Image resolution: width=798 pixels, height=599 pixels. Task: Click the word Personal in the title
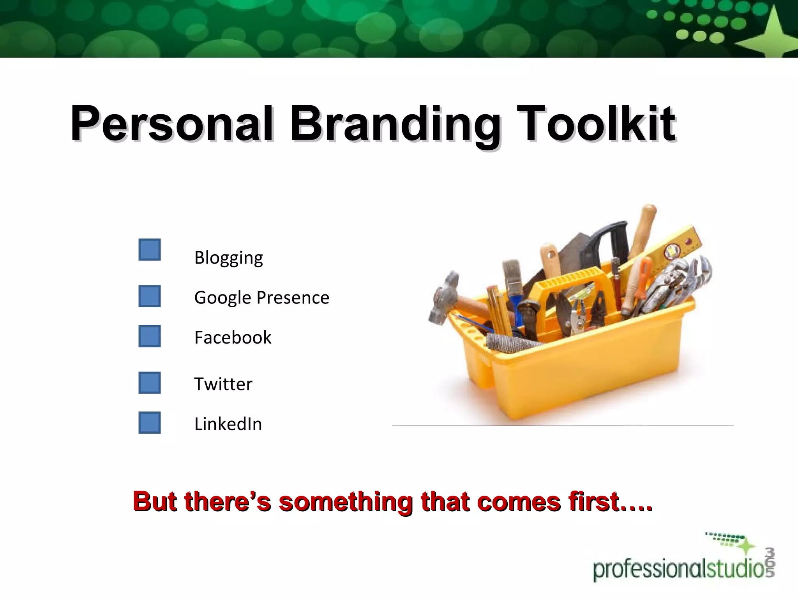click(x=171, y=124)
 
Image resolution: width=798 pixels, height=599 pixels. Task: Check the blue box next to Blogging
click(x=150, y=250)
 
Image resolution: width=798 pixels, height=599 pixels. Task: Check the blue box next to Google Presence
click(x=150, y=296)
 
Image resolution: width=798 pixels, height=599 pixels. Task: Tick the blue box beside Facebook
click(x=150, y=336)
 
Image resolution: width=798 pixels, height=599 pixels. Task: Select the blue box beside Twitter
click(x=150, y=383)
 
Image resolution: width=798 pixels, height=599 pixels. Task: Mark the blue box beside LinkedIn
click(x=150, y=423)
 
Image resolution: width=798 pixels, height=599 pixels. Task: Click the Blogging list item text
click(x=229, y=258)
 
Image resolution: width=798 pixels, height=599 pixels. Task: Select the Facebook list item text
click(x=233, y=337)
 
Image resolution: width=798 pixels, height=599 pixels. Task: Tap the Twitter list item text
click(x=223, y=384)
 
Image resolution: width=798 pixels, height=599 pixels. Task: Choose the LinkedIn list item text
click(x=228, y=424)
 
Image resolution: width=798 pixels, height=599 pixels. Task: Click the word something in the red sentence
click(x=345, y=502)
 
